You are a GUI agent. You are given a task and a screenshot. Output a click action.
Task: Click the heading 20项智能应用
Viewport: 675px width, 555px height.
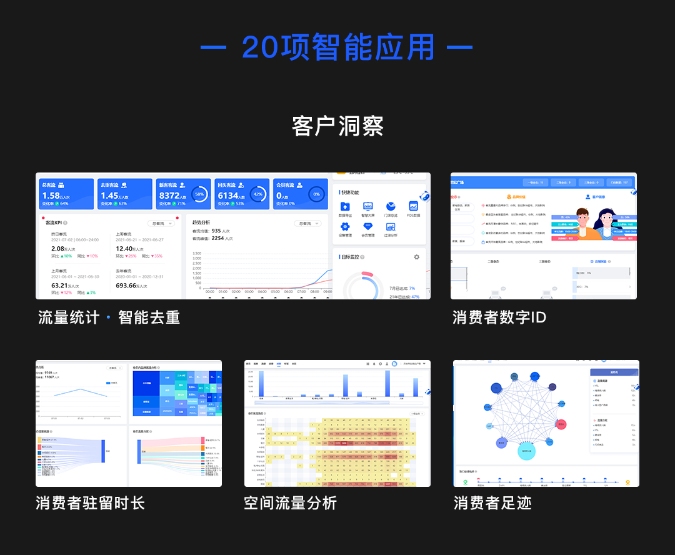(x=337, y=47)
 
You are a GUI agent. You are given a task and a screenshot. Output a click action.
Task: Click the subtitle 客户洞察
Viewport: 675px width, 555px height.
(x=337, y=126)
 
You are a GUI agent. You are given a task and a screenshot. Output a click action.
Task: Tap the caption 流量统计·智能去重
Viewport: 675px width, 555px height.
(x=109, y=317)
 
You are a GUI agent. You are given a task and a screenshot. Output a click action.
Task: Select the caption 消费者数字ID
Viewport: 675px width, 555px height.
(x=499, y=317)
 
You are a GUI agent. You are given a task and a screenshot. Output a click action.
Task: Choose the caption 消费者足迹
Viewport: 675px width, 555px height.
(x=492, y=502)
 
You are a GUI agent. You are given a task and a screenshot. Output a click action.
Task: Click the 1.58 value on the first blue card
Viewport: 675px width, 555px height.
(x=51, y=196)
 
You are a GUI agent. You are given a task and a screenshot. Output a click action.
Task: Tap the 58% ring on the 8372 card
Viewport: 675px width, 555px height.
(x=199, y=194)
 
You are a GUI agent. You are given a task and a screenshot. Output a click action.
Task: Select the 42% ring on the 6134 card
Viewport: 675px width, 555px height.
(x=258, y=194)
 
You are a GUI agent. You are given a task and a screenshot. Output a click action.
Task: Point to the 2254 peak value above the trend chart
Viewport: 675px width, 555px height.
(x=217, y=238)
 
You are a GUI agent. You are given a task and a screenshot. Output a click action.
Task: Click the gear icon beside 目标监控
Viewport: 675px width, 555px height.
(x=417, y=257)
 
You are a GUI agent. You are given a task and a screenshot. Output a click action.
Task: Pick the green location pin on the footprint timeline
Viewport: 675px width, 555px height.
(x=465, y=482)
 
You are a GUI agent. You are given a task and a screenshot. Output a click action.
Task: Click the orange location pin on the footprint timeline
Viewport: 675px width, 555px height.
(x=628, y=482)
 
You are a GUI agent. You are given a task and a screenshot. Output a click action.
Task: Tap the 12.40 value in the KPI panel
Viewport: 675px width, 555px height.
(x=124, y=249)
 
